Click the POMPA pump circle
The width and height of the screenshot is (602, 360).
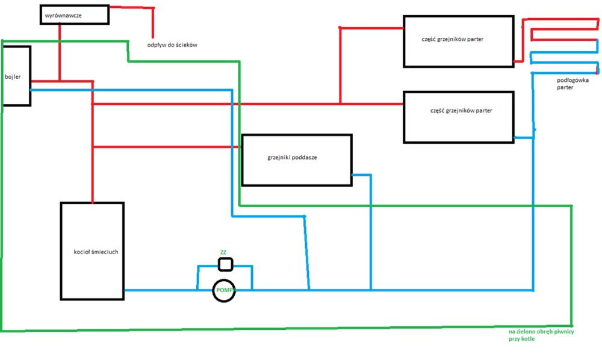coord(224,291)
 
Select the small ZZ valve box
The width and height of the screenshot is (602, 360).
coord(225,264)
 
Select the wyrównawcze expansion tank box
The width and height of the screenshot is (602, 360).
coord(75,14)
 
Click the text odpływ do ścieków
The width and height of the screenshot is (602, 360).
coord(173,45)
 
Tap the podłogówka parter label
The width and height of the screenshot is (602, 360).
coord(569,83)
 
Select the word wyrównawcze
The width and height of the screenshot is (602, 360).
coord(63,14)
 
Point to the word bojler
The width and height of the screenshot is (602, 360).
coord(13,77)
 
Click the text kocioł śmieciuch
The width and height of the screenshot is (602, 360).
coord(92,252)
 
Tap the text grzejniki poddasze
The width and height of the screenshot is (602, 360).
coord(292,158)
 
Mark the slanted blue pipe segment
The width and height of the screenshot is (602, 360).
coord(307,253)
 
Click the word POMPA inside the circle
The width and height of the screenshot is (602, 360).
coord(224,291)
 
